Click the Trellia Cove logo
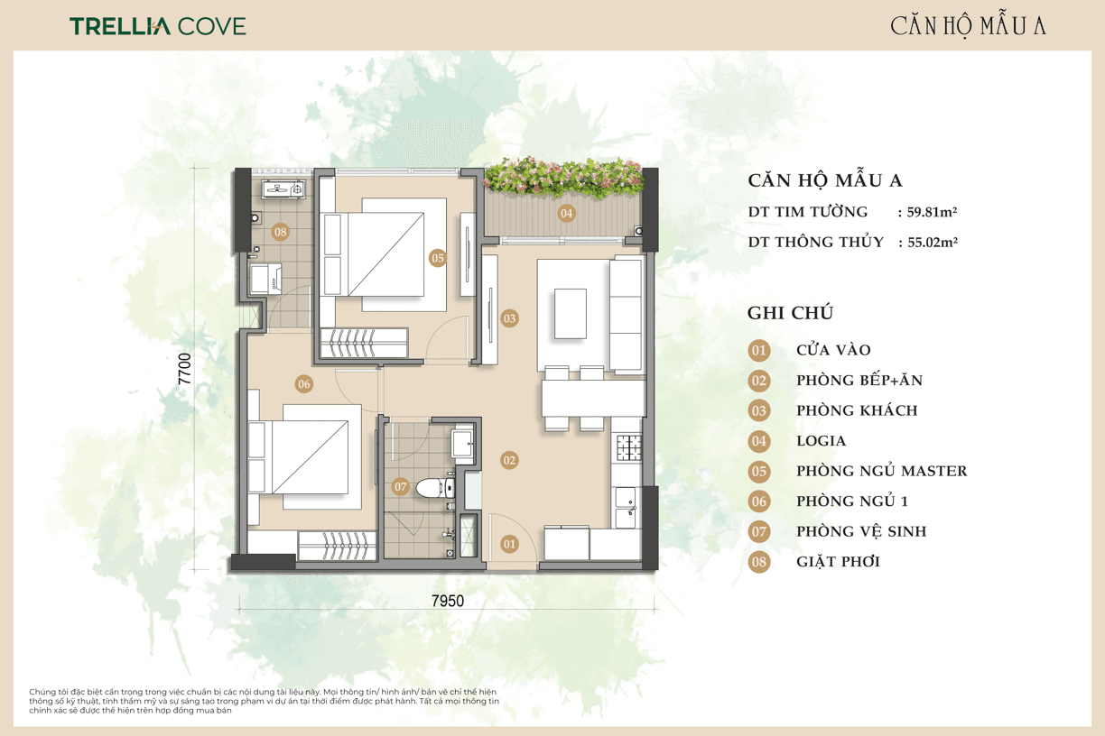(158, 26)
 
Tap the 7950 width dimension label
(448, 601)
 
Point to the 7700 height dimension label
(184, 369)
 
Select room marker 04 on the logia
(566, 213)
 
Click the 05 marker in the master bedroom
(438, 258)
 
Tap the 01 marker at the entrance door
(509, 544)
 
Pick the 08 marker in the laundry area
(280, 232)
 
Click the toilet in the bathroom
(435, 488)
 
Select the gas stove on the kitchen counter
(628, 447)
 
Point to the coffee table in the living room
(571, 314)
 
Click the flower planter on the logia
(563, 178)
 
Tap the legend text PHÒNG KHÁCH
(857, 410)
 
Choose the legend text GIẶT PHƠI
(838, 562)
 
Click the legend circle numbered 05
(758, 472)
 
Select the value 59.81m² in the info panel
(932, 212)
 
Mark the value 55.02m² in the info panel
(933, 242)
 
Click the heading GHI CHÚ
(790, 313)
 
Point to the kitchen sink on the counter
(626, 508)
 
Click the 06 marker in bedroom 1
(304, 384)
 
